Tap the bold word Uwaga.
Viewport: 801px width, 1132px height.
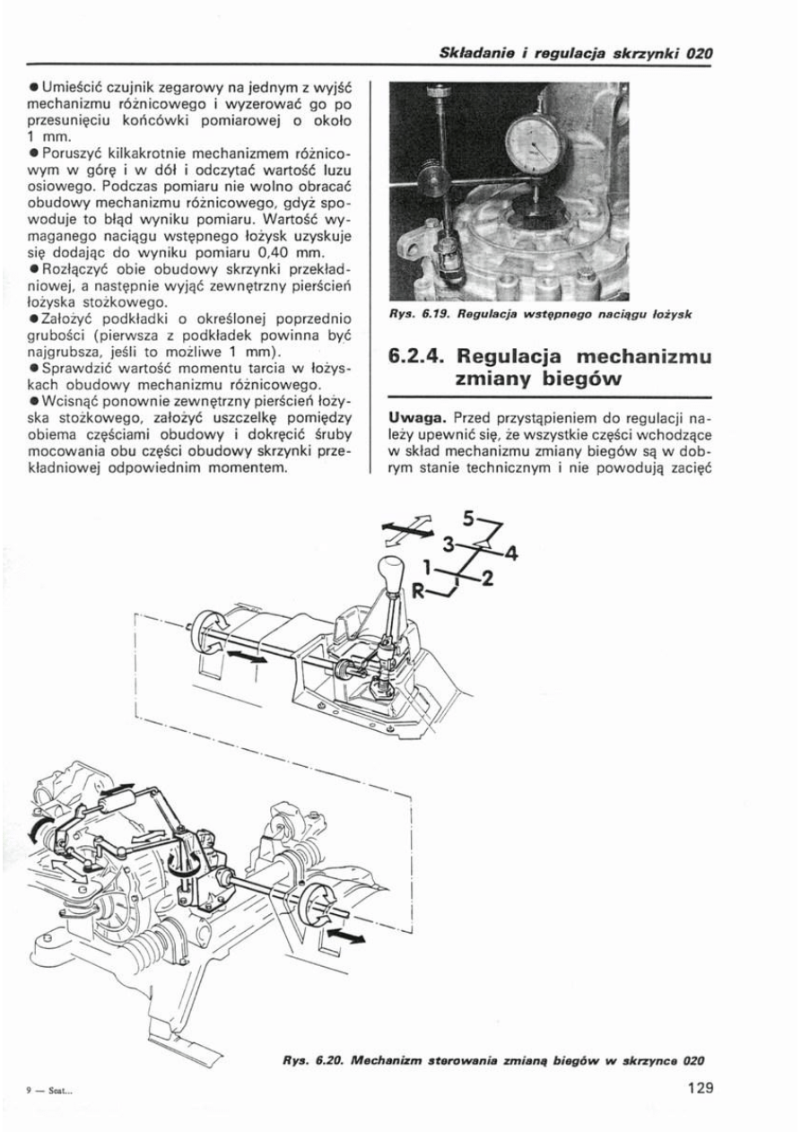click(x=419, y=418)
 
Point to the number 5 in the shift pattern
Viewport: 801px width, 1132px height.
click(x=468, y=518)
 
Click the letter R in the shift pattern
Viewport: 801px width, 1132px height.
click(x=417, y=589)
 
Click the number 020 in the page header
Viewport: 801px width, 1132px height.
click(x=699, y=53)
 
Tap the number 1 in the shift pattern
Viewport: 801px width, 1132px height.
click(x=429, y=566)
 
